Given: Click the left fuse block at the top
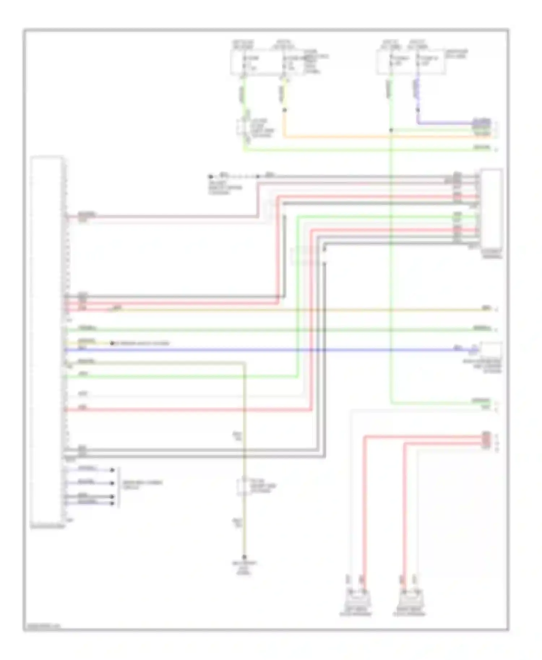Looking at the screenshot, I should tap(267, 63).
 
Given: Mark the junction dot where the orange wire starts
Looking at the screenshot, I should tap(284, 110).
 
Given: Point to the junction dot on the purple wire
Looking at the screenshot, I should tap(418, 110).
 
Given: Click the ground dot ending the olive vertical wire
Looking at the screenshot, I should tap(244, 557).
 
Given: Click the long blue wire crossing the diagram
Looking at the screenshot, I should tap(253, 350).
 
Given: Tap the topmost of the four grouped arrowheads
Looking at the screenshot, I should tap(112, 470).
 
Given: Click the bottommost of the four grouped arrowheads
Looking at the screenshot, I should tap(112, 503).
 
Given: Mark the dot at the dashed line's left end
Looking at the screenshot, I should tap(211, 177).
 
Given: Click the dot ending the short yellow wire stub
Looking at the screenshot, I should tap(112, 343).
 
